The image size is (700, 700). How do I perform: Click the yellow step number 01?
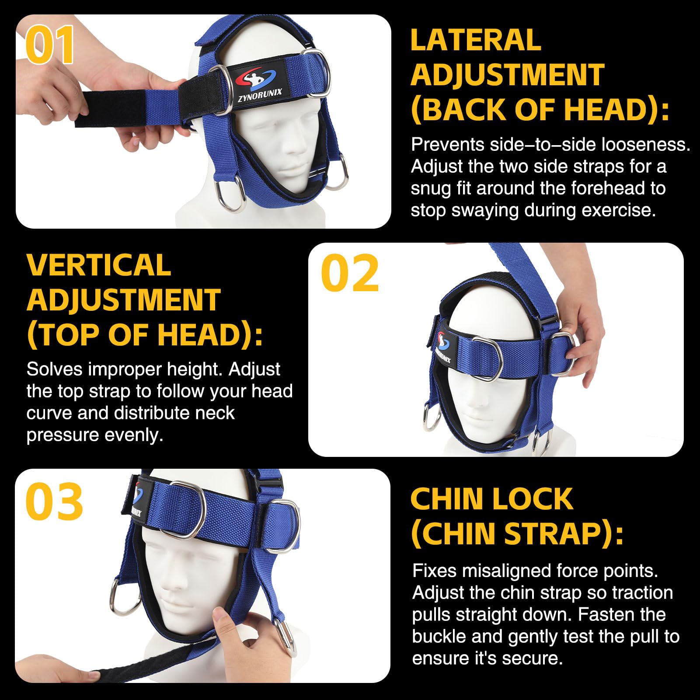[50, 45]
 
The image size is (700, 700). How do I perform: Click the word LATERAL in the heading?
[476, 40]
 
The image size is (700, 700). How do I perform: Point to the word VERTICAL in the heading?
[99, 265]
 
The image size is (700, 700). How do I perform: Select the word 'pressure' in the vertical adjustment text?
[62, 435]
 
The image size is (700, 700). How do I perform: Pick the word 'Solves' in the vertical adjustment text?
[54, 370]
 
